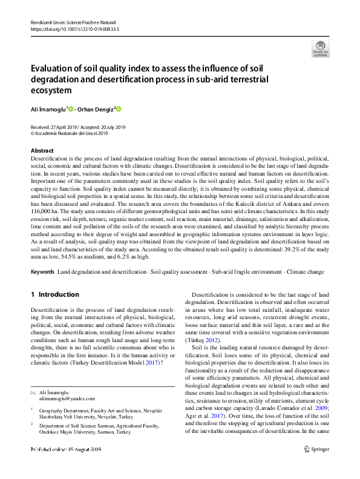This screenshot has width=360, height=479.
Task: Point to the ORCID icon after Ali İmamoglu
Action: click(71, 109)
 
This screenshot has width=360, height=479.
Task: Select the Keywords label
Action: click(42, 256)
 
